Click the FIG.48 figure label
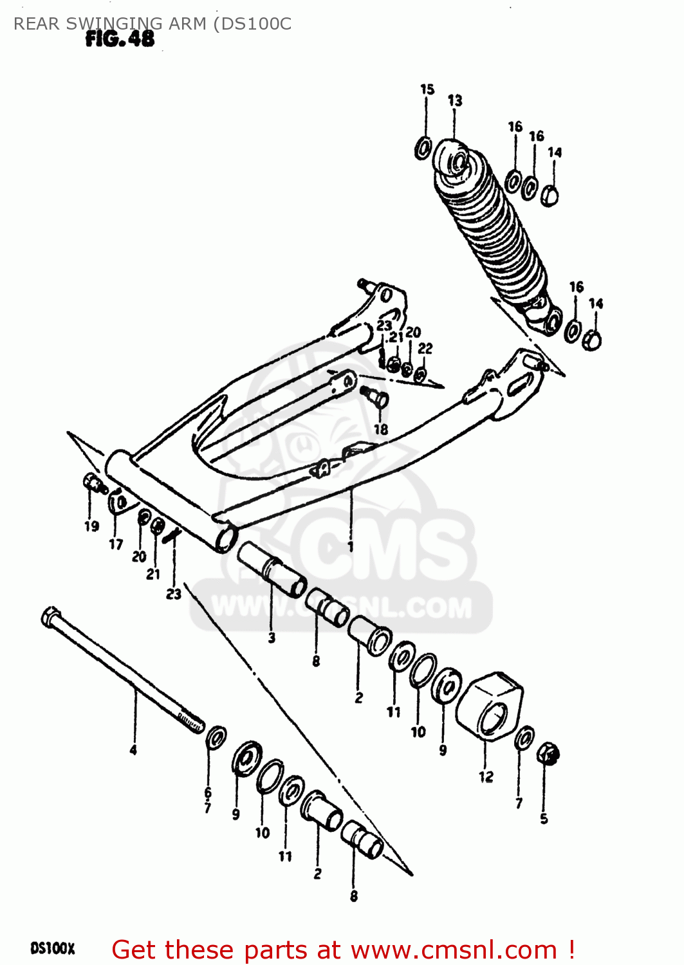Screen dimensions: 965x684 [120, 39]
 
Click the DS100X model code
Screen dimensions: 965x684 [53, 949]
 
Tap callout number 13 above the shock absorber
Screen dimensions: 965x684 [455, 100]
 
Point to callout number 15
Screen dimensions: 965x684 [427, 89]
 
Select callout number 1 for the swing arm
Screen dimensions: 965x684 [350, 547]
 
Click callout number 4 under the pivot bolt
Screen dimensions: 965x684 [133, 749]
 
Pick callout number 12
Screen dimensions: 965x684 [486, 777]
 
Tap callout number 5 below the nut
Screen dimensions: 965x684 [544, 819]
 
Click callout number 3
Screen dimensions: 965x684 [272, 638]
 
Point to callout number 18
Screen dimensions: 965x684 [381, 429]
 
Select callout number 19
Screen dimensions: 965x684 [91, 526]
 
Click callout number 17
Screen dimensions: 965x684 [116, 544]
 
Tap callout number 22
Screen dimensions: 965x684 [425, 348]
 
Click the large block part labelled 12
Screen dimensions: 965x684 [489, 705]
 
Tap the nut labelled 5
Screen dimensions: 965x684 [548, 753]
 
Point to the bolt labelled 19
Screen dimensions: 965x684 [94, 483]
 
